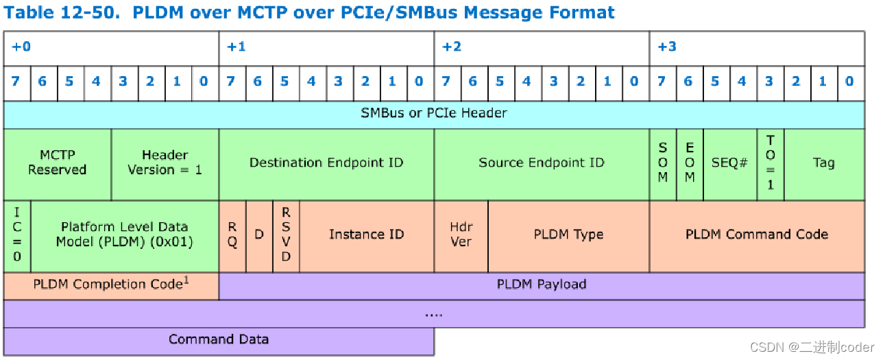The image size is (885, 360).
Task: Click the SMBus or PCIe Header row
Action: coord(433,113)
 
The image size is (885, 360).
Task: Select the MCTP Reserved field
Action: coord(57,163)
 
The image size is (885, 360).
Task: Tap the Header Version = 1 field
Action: coord(165,163)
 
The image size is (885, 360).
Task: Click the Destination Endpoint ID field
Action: coord(326,163)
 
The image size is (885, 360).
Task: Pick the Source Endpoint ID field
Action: coord(542,163)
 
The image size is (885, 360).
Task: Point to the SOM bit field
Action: coord(663,163)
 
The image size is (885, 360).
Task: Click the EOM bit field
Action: coord(690,163)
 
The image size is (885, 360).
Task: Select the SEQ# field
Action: coord(729,163)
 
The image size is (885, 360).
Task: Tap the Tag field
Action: coord(823,163)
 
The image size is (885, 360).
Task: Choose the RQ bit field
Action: coord(232,235)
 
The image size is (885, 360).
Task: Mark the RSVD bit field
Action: coord(286,235)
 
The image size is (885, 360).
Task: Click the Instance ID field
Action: coord(366,235)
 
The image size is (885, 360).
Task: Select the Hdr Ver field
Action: coord(461,235)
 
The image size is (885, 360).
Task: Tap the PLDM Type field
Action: coord(568,235)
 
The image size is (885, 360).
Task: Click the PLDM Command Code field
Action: coord(757,235)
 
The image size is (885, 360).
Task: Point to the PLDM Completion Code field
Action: coord(111,285)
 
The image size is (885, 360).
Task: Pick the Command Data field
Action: coord(219,339)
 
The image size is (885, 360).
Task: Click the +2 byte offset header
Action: coord(452,47)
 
